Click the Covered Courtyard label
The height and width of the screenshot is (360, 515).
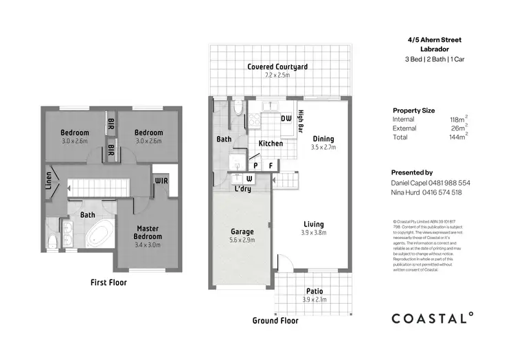[278, 67]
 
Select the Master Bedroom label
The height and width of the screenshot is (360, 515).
[148, 232]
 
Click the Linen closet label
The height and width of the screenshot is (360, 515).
[49, 181]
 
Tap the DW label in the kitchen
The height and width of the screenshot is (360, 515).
[286, 119]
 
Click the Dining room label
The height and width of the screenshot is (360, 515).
[323, 139]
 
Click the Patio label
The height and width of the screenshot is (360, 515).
[313, 291]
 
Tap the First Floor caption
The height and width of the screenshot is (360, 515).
[108, 282]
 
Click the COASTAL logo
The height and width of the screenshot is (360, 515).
[432, 317]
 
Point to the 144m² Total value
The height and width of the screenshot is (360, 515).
[456, 137]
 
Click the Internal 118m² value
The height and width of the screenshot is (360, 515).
[456, 120]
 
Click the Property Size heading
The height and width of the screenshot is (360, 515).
[413, 110]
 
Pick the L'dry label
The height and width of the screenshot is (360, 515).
[242, 189]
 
